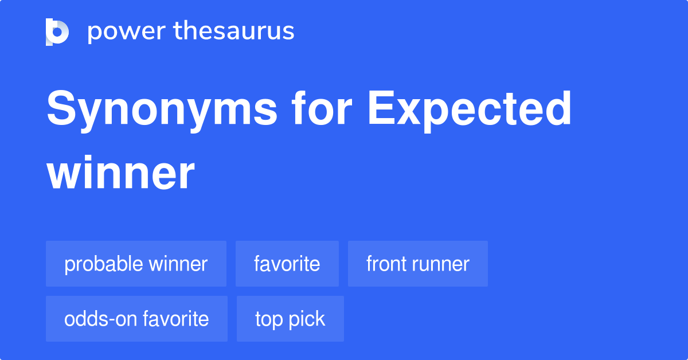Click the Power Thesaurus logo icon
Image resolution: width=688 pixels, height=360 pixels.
57,32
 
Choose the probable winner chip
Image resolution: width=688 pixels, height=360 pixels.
136,264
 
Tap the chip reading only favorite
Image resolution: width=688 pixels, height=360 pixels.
287,264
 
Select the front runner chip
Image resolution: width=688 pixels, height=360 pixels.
417,264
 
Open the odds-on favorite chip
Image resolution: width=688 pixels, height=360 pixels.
136,319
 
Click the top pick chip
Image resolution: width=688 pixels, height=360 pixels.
290,319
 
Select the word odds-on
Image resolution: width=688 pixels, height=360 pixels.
97,319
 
